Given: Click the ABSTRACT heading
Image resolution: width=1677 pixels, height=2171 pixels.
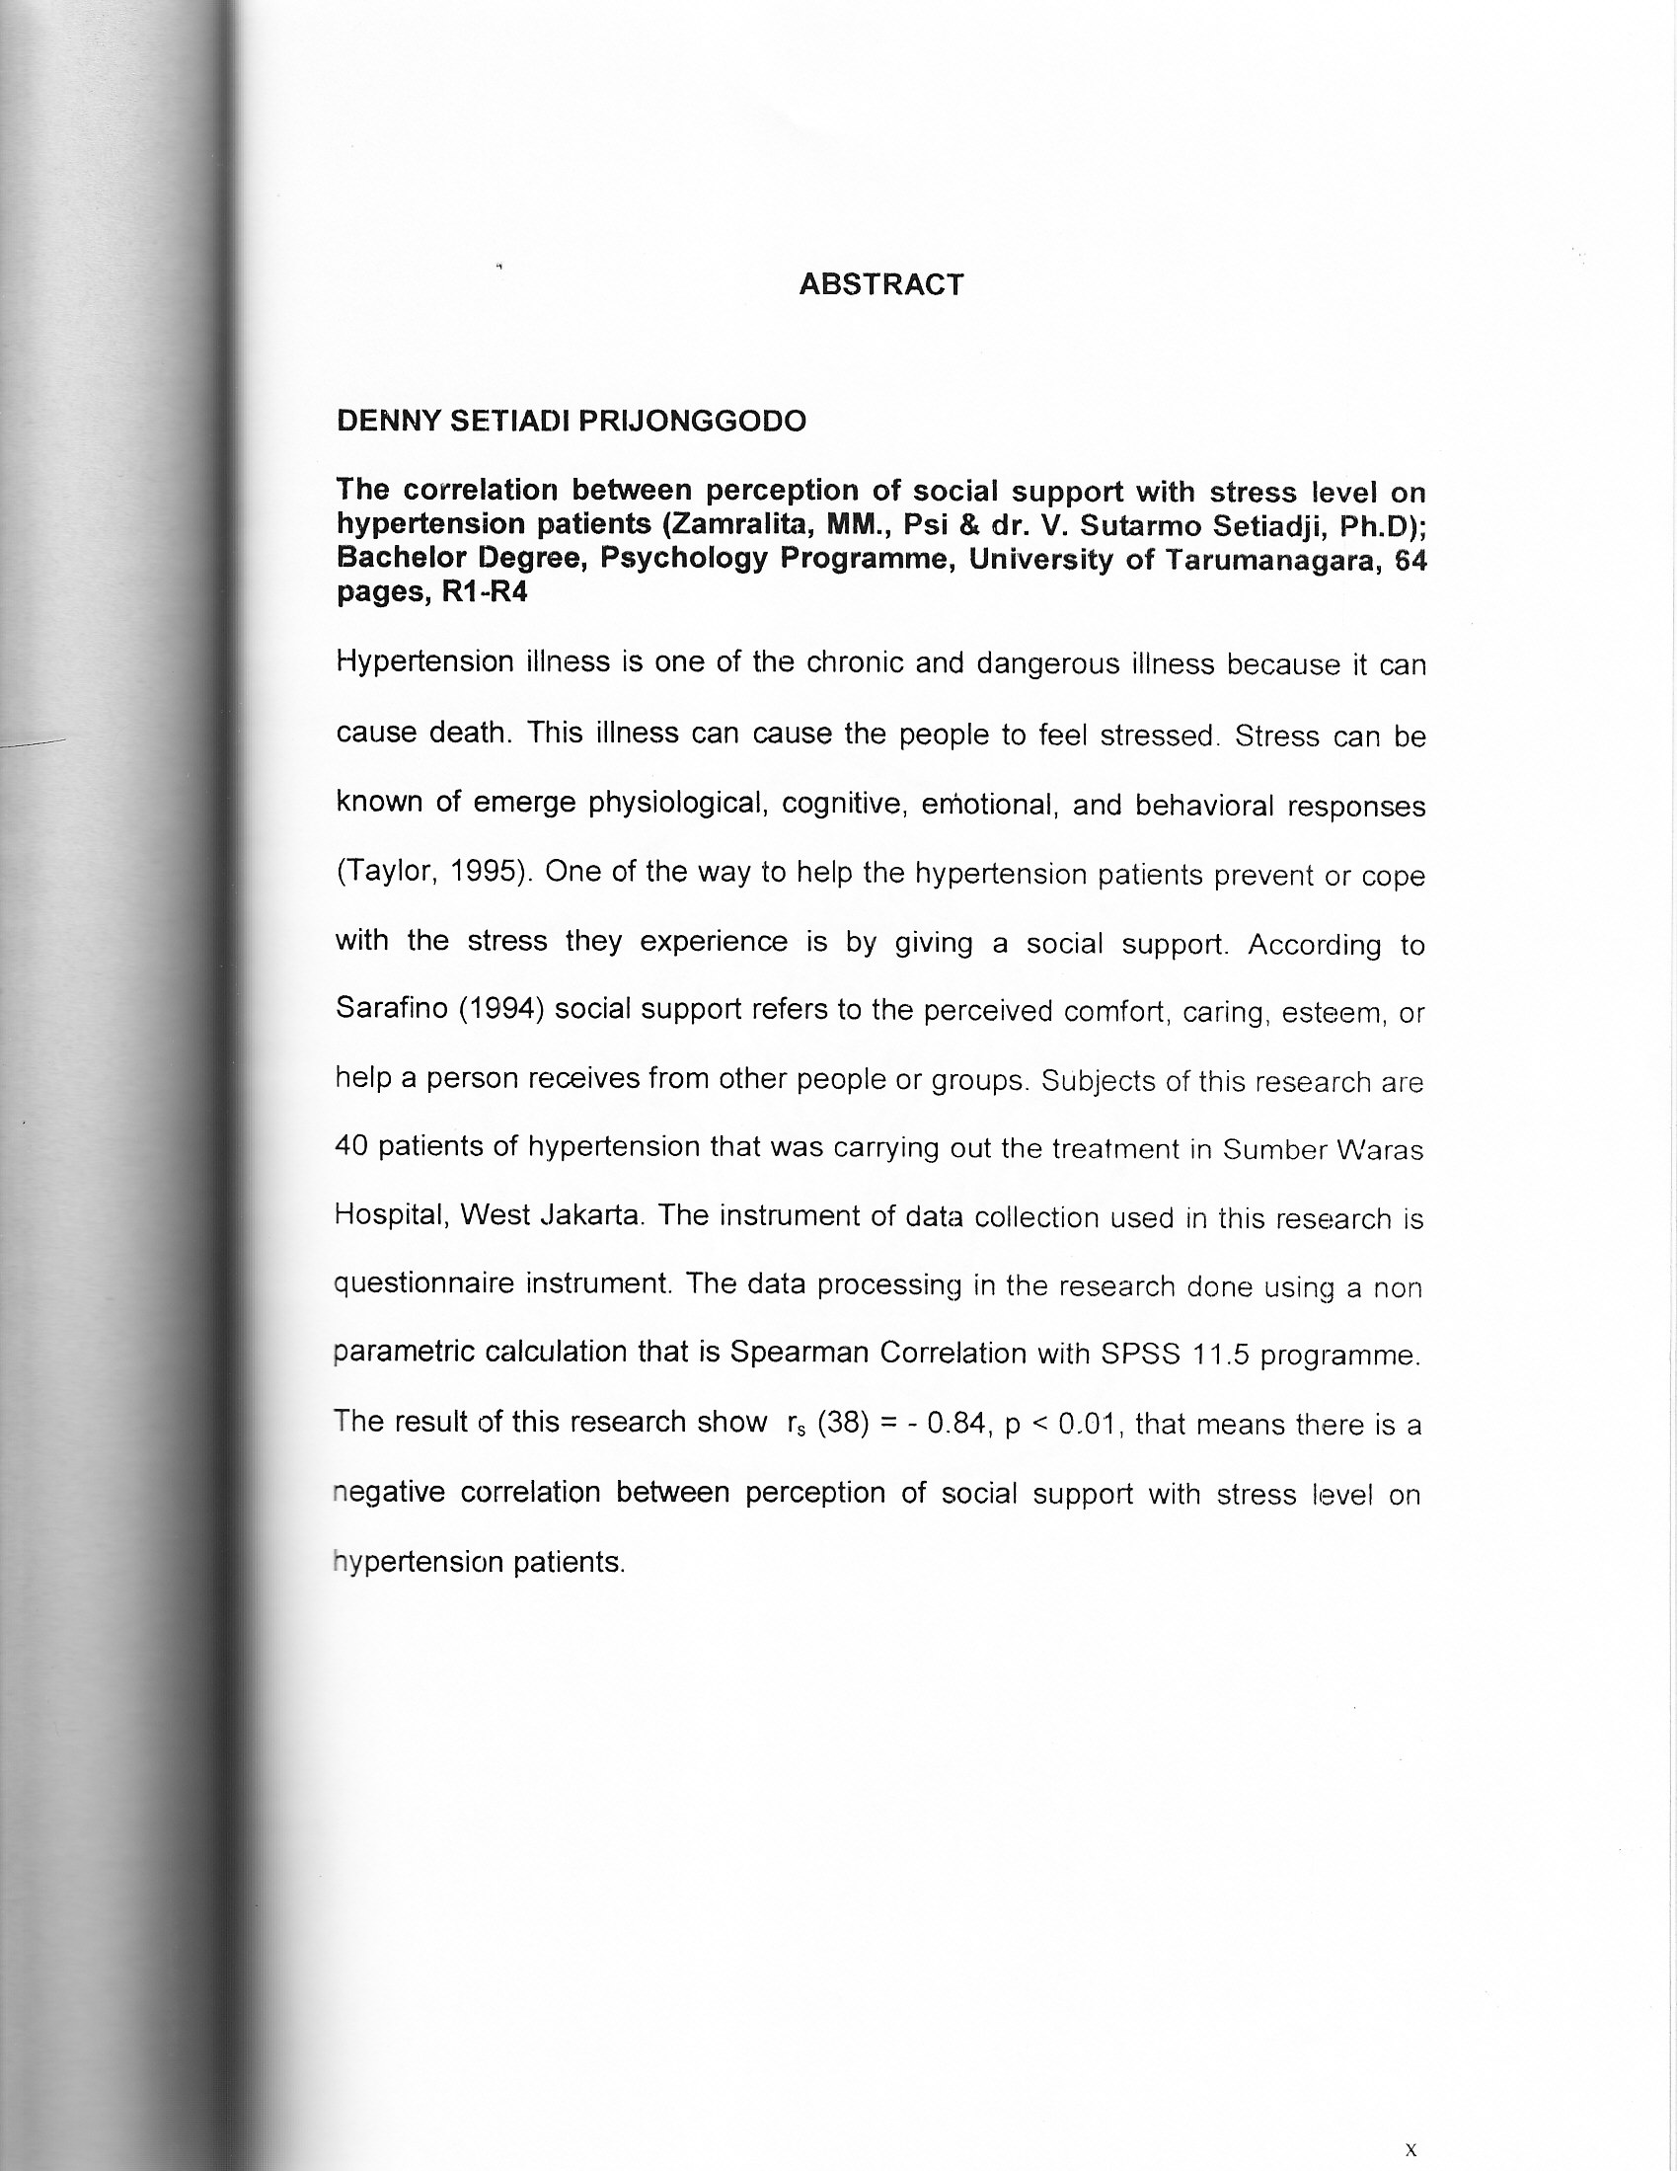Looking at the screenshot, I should pyautogui.click(x=880, y=284).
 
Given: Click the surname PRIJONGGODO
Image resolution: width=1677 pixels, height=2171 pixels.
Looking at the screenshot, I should pyautogui.click(x=692, y=422).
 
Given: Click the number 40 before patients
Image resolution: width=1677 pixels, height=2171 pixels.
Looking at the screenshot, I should pyautogui.click(x=352, y=1146).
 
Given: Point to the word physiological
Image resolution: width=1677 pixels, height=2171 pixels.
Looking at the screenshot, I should pyautogui.click(x=678, y=804).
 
